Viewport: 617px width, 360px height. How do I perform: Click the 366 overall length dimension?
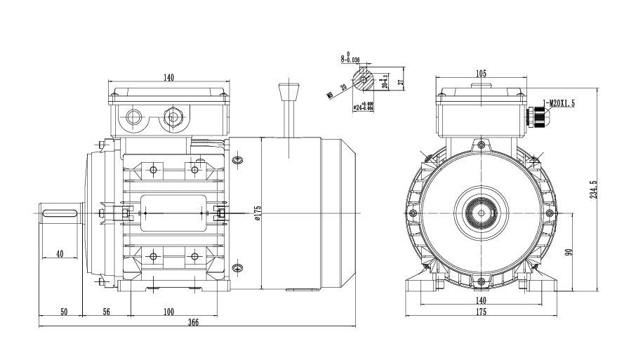[x=194, y=322]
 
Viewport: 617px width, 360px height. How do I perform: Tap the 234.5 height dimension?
[x=593, y=189]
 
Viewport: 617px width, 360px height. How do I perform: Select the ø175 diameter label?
[x=258, y=213]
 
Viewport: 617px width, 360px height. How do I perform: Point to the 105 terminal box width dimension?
[x=481, y=74]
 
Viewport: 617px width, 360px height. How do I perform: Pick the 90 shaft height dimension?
[x=570, y=250]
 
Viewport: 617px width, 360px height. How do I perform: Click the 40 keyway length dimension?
[x=60, y=253]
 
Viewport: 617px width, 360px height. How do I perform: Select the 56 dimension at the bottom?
[x=107, y=311]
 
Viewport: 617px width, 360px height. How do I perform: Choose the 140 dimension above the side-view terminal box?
[x=168, y=78]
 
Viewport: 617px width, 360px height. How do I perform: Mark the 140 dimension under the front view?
[x=481, y=300]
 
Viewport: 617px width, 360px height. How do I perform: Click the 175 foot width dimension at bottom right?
[x=481, y=311]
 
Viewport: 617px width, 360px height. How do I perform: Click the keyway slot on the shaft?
[x=60, y=213]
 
